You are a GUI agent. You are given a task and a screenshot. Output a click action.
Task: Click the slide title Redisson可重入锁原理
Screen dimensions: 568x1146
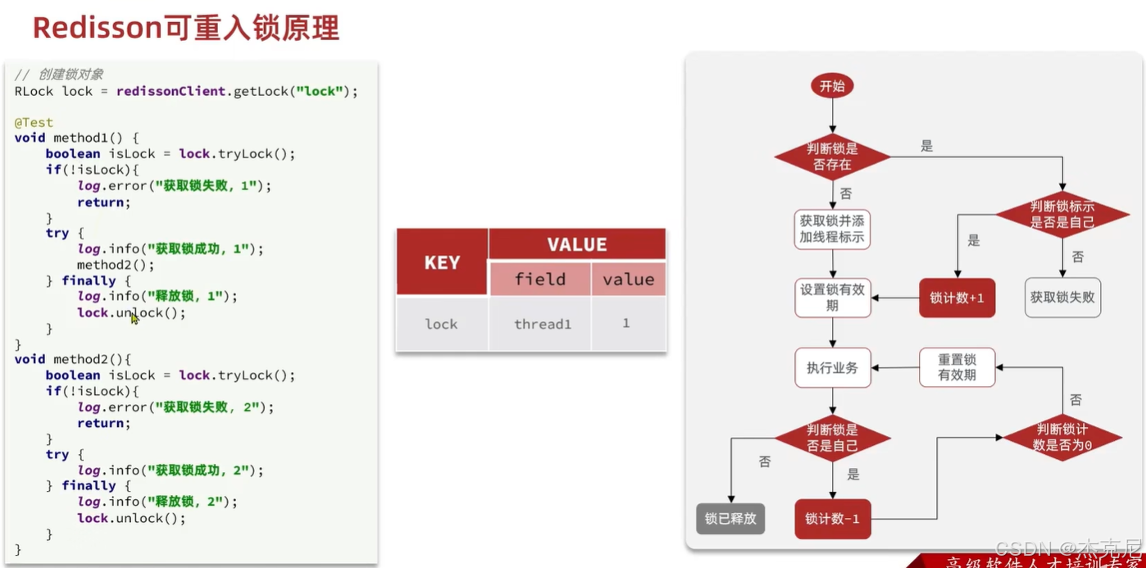pos(185,28)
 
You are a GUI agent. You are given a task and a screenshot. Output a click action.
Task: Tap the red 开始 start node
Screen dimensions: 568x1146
pos(831,86)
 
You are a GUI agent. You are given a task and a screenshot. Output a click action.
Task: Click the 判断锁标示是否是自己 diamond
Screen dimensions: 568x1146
pos(1062,215)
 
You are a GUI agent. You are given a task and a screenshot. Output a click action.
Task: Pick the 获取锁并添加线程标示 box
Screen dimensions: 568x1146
pos(832,229)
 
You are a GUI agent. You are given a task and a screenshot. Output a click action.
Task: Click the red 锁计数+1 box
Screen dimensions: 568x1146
pos(957,298)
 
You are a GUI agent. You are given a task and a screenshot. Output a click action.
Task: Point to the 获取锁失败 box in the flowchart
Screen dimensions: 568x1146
pos(1062,298)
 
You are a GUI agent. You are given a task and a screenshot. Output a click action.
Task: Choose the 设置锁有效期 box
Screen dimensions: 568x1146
pos(832,298)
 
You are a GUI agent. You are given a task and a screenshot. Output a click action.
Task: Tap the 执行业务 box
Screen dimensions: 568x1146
pos(832,368)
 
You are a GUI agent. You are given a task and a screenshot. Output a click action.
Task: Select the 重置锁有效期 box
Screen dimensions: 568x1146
pos(957,367)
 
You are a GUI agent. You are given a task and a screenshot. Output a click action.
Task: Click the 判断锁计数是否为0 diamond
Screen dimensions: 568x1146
pos(1062,437)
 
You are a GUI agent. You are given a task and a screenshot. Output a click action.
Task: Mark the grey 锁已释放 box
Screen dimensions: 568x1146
pos(730,519)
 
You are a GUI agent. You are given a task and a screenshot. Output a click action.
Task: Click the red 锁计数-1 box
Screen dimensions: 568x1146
pos(832,519)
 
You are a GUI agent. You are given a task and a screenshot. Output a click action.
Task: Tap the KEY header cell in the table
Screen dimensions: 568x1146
pos(442,262)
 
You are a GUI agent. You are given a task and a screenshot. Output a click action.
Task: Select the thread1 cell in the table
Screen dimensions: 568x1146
pos(542,324)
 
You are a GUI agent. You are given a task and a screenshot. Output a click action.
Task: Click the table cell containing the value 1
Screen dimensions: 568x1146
pos(626,324)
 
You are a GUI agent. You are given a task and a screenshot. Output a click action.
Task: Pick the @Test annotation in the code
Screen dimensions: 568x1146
pos(34,122)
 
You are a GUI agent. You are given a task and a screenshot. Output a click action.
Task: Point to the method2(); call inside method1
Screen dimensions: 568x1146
pos(116,265)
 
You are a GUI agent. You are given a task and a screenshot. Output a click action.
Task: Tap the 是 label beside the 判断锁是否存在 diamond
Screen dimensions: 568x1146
pos(926,147)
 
